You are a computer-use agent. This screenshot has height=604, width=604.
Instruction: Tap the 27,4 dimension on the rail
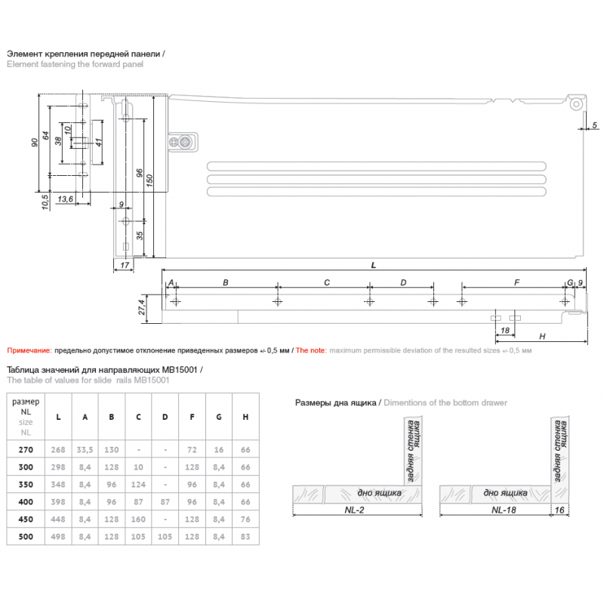141,307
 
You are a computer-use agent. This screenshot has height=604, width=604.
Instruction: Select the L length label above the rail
374,265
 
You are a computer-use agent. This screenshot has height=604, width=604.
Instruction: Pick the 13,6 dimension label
65,199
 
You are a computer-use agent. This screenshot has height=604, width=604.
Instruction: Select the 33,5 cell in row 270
85,449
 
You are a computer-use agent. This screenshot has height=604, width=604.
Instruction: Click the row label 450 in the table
26,519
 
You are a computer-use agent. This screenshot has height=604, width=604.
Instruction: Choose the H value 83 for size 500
245,536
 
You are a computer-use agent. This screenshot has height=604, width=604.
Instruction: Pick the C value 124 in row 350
138,484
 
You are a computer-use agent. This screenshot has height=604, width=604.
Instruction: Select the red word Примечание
29,350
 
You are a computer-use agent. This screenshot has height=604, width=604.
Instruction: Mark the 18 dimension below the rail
504,331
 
